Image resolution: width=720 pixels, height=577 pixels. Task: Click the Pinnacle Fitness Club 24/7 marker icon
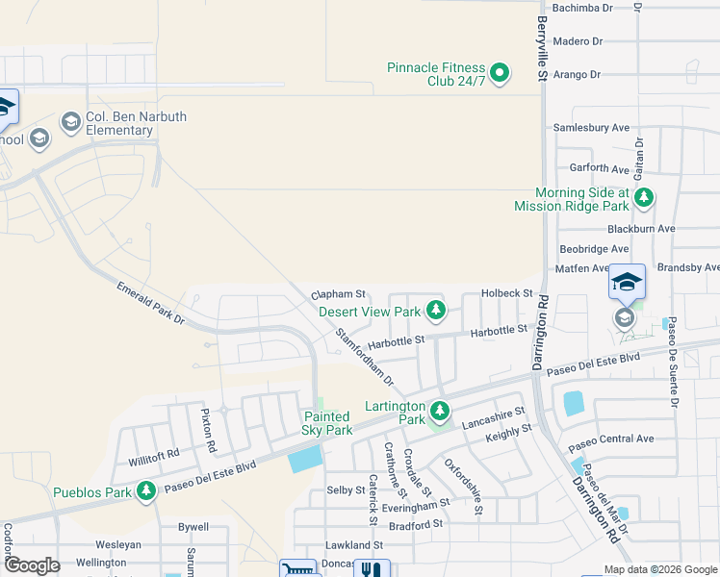[x=500, y=73]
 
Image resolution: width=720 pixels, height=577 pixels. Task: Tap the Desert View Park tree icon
[x=437, y=310]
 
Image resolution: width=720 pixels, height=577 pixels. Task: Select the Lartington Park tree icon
[x=440, y=412]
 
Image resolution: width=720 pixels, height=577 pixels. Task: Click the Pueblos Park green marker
[x=146, y=492]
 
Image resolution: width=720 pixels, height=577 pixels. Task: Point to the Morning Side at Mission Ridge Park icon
[x=644, y=199]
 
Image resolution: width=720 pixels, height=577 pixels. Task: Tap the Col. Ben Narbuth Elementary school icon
[x=70, y=122]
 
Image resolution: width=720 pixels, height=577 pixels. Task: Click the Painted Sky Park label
[x=325, y=424]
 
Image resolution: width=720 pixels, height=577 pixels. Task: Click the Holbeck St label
[x=506, y=292]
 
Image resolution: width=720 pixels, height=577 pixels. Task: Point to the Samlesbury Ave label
[x=590, y=127]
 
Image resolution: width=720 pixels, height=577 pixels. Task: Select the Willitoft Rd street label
[x=154, y=453]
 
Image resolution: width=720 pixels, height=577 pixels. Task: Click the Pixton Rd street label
[x=205, y=430]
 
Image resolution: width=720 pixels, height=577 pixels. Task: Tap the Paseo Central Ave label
[x=610, y=439]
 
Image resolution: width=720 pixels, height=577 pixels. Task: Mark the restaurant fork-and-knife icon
[x=371, y=569]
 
